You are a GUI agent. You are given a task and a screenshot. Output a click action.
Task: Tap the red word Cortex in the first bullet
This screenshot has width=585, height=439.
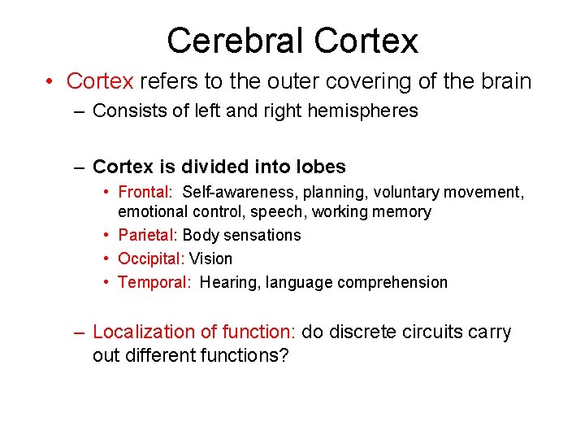click(100, 81)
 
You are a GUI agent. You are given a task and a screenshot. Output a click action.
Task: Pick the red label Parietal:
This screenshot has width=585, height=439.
click(148, 235)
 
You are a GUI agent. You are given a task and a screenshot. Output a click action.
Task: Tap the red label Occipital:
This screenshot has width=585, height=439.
click(151, 259)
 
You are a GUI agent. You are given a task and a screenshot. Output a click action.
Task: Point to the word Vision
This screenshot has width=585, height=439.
click(210, 259)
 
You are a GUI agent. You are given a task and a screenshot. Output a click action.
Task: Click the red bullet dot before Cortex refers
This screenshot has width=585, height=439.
click(50, 81)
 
